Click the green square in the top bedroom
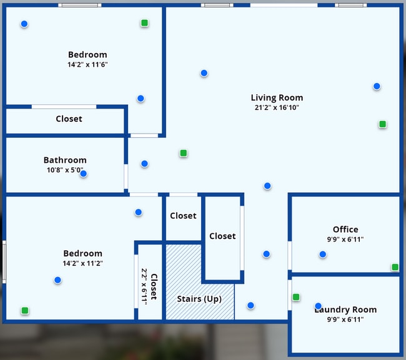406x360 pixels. tap(144, 23)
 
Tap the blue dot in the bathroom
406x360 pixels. tap(83, 174)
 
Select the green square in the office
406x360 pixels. tap(395, 267)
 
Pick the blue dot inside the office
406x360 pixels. tap(323, 255)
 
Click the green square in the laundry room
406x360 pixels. tap(296, 297)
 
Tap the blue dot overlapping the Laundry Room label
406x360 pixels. tap(318, 306)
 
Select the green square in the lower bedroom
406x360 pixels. tap(25, 310)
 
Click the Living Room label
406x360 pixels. tap(277, 98)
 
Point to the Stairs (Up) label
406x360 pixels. tap(199, 299)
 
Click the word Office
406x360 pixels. tap(345, 230)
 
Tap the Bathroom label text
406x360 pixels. tap(65, 160)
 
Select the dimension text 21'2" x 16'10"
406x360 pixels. tap(277, 107)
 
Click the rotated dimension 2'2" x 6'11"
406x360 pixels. tap(144, 286)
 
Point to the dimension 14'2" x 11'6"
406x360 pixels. tap(87, 64)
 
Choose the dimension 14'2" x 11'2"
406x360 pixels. tap(82, 263)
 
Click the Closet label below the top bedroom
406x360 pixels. tap(69, 119)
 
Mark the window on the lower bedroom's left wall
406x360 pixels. tap(4, 261)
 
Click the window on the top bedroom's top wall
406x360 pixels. tap(80, 5)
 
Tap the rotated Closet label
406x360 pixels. tap(154, 286)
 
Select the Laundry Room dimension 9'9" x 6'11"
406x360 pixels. tap(345, 319)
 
